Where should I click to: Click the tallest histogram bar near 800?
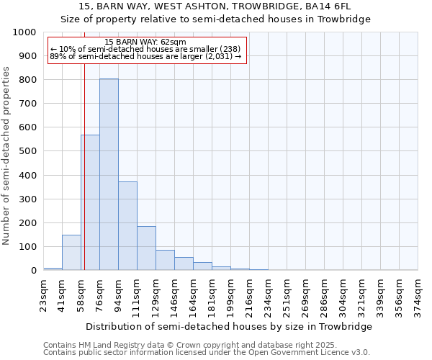pos(109,174)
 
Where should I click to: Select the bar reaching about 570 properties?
pos(90,202)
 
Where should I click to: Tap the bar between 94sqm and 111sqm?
pos(127,226)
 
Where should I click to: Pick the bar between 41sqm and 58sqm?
pos(71,253)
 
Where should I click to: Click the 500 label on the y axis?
pos(28,151)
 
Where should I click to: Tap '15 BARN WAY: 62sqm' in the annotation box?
pos(145,42)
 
